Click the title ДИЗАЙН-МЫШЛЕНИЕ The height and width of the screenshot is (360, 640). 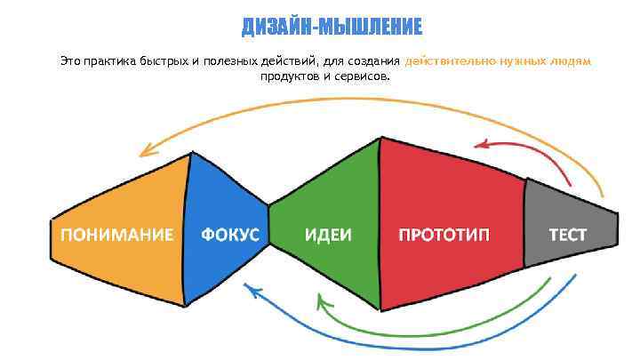tap(332, 28)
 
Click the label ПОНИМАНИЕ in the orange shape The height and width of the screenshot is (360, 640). tap(116, 235)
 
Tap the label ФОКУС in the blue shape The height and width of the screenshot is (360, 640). tap(230, 235)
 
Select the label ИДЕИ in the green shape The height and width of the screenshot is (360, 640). tap(328, 235)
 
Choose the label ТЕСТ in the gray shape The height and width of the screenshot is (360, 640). tap(567, 235)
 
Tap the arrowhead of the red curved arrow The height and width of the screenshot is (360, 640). tap(481, 144)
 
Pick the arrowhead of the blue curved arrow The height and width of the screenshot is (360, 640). tap(252, 288)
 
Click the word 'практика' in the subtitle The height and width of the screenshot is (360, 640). tap(109, 62)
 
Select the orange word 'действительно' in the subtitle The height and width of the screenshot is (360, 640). tap(446, 62)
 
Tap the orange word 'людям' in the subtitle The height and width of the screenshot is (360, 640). tap(570, 62)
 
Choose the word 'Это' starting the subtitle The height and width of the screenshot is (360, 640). tap(70, 62)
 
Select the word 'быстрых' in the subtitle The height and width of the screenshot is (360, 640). tap(164, 62)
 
